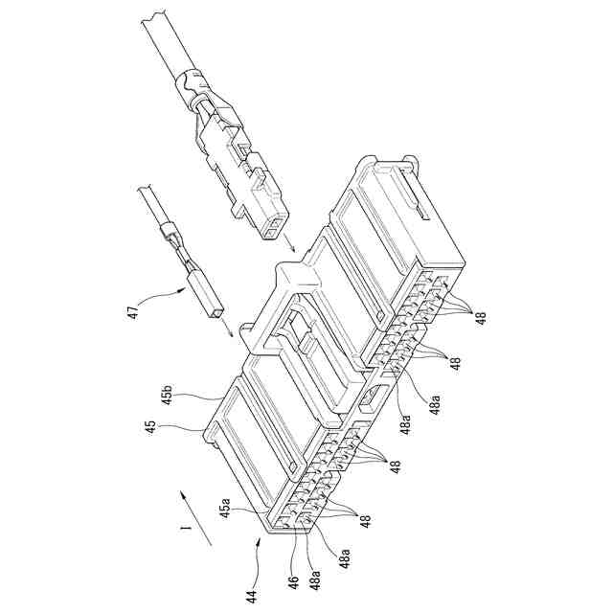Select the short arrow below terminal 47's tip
(228, 331)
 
